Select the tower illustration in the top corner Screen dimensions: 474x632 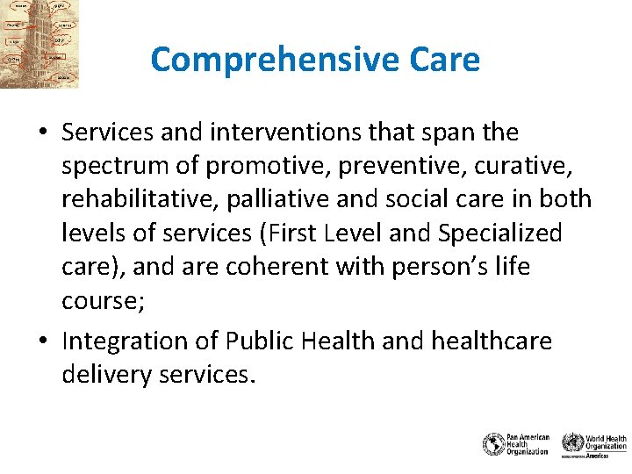[x=39, y=44]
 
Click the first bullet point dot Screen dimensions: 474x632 [x=42, y=133]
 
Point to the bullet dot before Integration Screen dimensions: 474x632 [x=42, y=341]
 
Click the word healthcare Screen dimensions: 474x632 [x=491, y=340]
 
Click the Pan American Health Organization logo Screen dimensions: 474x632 [x=516, y=443]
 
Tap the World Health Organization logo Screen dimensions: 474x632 [x=594, y=443]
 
